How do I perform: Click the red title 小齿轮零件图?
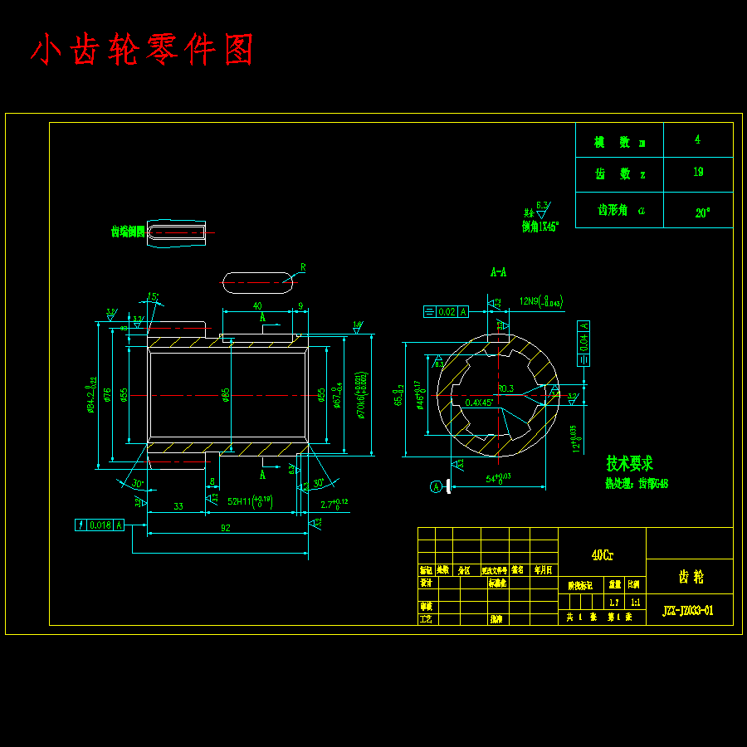tap(142, 51)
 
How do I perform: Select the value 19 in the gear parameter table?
tap(698, 173)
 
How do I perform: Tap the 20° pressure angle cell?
tap(702, 212)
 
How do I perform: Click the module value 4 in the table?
tap(697, 139)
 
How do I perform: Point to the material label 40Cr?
tap(602, 556)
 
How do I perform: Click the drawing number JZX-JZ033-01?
tap(687, 611)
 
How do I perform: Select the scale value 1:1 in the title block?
tap(635, 603)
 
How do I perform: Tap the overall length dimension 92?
tap(225, 528)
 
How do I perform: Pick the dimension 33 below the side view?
tap(178, 506)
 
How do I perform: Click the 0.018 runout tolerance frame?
tap(100, 525)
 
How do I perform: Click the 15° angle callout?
tap(153, 296)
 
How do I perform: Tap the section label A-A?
tap(498, 271)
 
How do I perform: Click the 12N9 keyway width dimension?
tap(540, 301)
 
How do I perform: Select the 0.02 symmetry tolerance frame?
tap(447, 312)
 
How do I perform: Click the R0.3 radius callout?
tap(505, 388)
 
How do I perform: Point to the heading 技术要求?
tap(629, 463)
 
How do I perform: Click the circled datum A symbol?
tap(437, 487)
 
